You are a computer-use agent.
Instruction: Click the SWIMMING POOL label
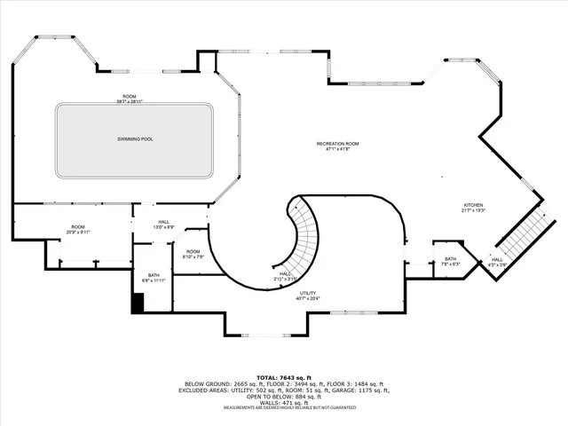(x=135, y=139)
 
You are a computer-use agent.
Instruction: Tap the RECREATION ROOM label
(x=338, y=143)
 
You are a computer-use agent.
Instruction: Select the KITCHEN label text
(x=471, y=203)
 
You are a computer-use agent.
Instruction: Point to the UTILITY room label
(x=309, y=294)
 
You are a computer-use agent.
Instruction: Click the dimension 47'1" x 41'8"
(x=338, y=149)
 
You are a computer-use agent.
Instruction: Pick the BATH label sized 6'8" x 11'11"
(x=154, y=274)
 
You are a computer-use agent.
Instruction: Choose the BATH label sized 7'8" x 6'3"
(x=451, y=259)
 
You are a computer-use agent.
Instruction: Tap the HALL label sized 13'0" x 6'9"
(x=163, y=222)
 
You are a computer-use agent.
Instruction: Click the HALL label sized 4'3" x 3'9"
(x=496, y=259)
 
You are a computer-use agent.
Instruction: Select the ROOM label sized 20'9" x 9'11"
(x=78, y=226)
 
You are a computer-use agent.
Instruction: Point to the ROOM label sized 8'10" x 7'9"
(x=193, y=252)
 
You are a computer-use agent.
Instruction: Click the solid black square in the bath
(x=138, y=303)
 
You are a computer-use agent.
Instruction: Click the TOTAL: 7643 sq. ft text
(x=284, y=377)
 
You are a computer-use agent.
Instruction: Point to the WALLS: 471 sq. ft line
(x=284, y=402)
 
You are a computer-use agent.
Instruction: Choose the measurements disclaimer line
(x=284, y=407)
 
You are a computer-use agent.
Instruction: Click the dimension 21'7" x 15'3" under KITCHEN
(x=471, y=209)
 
